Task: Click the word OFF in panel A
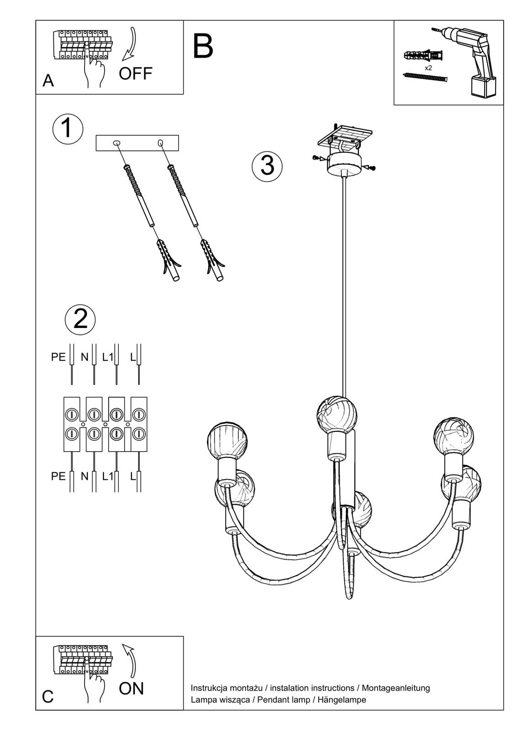[x=135, y=73]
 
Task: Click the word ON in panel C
[x=131, y=689]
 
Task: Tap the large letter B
[x=203, y=46]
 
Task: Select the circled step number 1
[x=68, y=128]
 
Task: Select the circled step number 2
[x=80, y=318]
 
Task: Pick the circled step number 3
[x=267, y=166]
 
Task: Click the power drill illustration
[x=475, y=59]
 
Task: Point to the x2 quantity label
[x=428, y=68]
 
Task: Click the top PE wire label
[x=59, y=357]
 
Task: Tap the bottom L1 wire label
[x=107, y=476]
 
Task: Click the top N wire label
[x=85, y=357]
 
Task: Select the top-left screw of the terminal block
[x=72, y=414]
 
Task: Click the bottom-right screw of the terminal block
[x=139, y=433]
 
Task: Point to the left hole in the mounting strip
[x=117, y=143]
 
